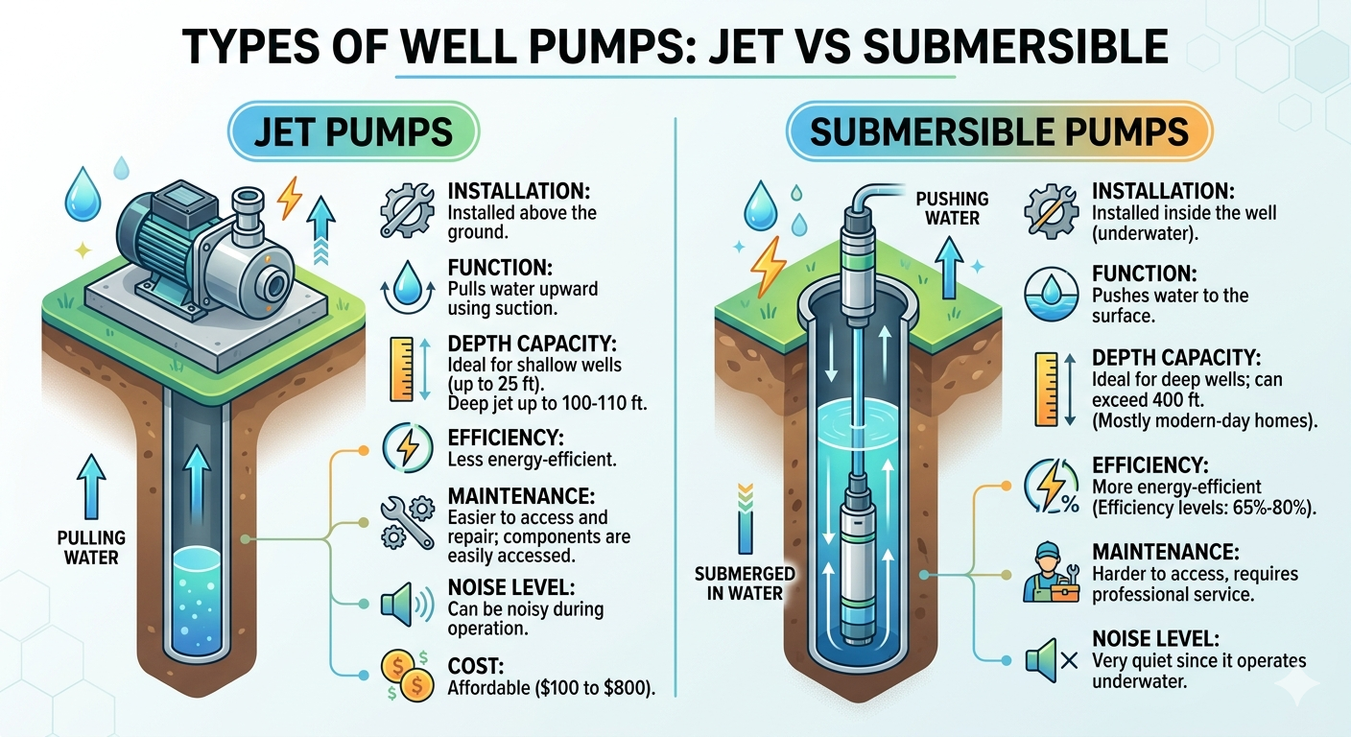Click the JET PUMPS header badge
pyautogui.click(x=352, y=132)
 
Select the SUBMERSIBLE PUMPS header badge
pyautogui.click(x=999, y=131)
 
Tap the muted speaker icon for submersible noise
pyautogui.click(x=1051, y=660)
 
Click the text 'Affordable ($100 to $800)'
pyautogui.click(x=552, y=688)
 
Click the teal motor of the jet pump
pyautogui.click(x=154, y=235)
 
